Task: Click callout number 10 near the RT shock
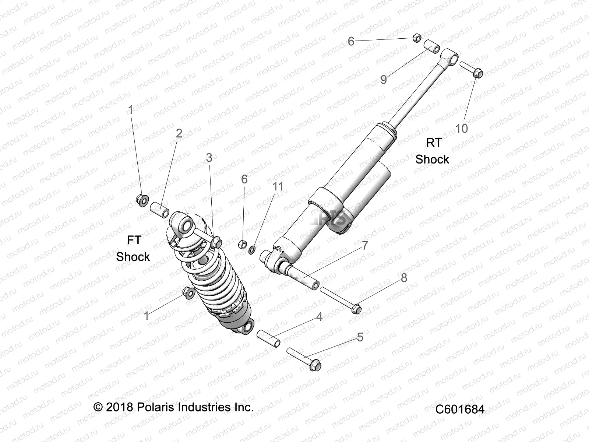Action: [x=461, y=129]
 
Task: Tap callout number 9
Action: [x=384, y=79]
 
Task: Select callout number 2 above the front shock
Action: [x=179, y=133]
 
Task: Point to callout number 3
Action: [x=209, y=158]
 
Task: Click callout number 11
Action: [x=278, y=186]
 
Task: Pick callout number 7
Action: [x=365, y=245]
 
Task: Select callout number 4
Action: [x=319, y=316]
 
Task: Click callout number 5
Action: [x=360, y=337]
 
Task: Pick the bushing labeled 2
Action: [x=159, y=208]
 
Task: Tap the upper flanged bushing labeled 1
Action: [x=142, y=200]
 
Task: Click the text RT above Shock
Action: [x=433, y=142]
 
